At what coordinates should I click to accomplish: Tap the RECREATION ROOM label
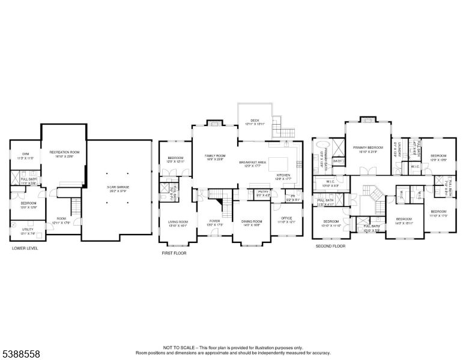click(x=65, y=152)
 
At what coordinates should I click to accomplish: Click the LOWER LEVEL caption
click(x=25, y=248)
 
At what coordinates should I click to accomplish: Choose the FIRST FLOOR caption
click(x=174, y=253)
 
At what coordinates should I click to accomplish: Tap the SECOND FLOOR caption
click(x=331, y=246)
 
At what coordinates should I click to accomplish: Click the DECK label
click(x=255, y=121)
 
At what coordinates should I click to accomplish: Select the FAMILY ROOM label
click(x=214, y=155)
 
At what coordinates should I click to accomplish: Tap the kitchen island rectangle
click(x=279, y=163)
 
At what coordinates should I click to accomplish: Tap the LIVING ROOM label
click(x=178, y=222)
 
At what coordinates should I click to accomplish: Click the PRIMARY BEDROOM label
click(x=368, y=147)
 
